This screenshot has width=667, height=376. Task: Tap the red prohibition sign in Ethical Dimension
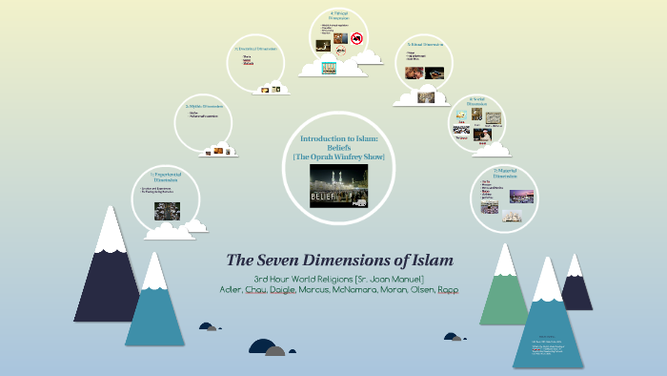click(x=357, y=38)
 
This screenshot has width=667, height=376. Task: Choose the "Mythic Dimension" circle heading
click(x=206, y=106)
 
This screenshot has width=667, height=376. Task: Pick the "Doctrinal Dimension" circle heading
click(x=256, y=48)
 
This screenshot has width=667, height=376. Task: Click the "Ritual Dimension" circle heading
click(x=425, y=44)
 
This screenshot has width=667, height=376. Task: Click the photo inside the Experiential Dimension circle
click(x=168, y=210)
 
